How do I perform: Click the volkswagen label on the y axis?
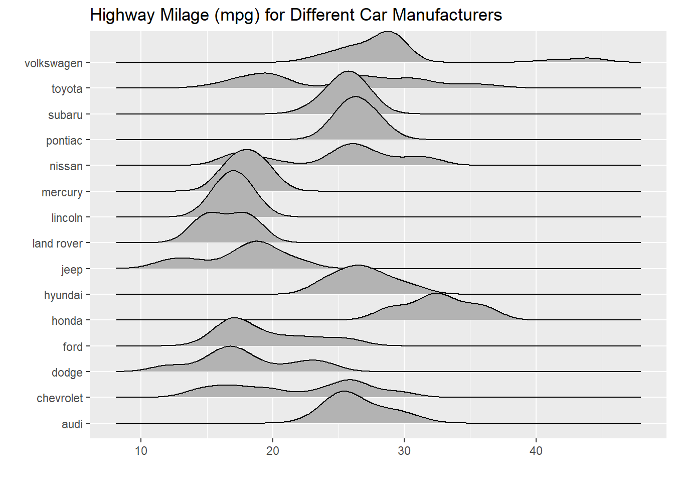click(x=54, y=63)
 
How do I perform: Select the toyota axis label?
click(x=67, y=89)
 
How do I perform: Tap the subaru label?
click(x=65, y=115)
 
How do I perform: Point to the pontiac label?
click(x=64, y=141)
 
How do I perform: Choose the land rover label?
click(x=57, y=244)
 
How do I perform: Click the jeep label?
click(x=72, y=270)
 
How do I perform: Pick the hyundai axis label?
click(x=63, y=295)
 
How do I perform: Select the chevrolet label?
click(x=60, y=398)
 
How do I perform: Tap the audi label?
click(x=72, y=424)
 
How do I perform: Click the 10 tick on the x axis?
click(x=141, y=451)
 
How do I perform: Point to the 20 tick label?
click(x=273, y=451)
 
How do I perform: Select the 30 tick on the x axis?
click(x=404, y=451)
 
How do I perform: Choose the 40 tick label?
click(x=536, y=451)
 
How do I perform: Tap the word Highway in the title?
click(x=123, y=15)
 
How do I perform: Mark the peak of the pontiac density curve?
click(x=355, y=97)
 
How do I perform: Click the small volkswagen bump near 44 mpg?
click(x=588, y=58)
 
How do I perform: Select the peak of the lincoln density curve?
click(x=233, y=171)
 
